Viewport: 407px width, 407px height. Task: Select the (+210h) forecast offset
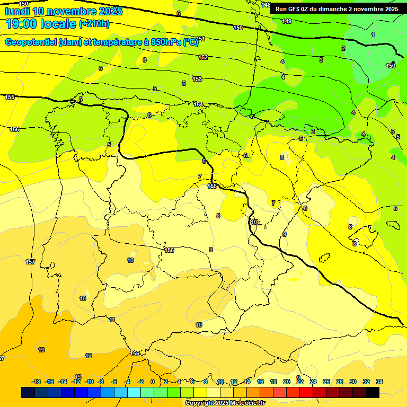94,24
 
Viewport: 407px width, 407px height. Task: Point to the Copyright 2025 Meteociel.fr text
225,403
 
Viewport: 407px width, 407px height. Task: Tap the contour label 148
266,5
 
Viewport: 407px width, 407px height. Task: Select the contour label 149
287,21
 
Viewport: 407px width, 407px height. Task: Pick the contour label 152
203,57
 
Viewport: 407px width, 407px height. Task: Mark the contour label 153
197,79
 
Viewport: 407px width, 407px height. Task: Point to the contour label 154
198,104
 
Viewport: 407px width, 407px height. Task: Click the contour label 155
10,97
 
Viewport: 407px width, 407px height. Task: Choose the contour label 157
30,262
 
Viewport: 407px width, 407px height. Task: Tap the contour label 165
212,186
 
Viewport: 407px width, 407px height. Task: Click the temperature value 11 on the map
112,320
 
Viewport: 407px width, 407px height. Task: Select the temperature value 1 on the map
373,34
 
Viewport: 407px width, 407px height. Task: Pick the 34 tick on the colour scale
379,382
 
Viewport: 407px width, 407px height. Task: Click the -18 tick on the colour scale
37,382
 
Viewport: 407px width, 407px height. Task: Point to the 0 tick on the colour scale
153,382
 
